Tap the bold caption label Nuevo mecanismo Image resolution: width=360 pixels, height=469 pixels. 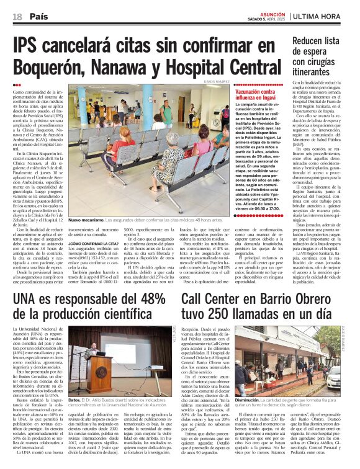[x=86, y=220]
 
